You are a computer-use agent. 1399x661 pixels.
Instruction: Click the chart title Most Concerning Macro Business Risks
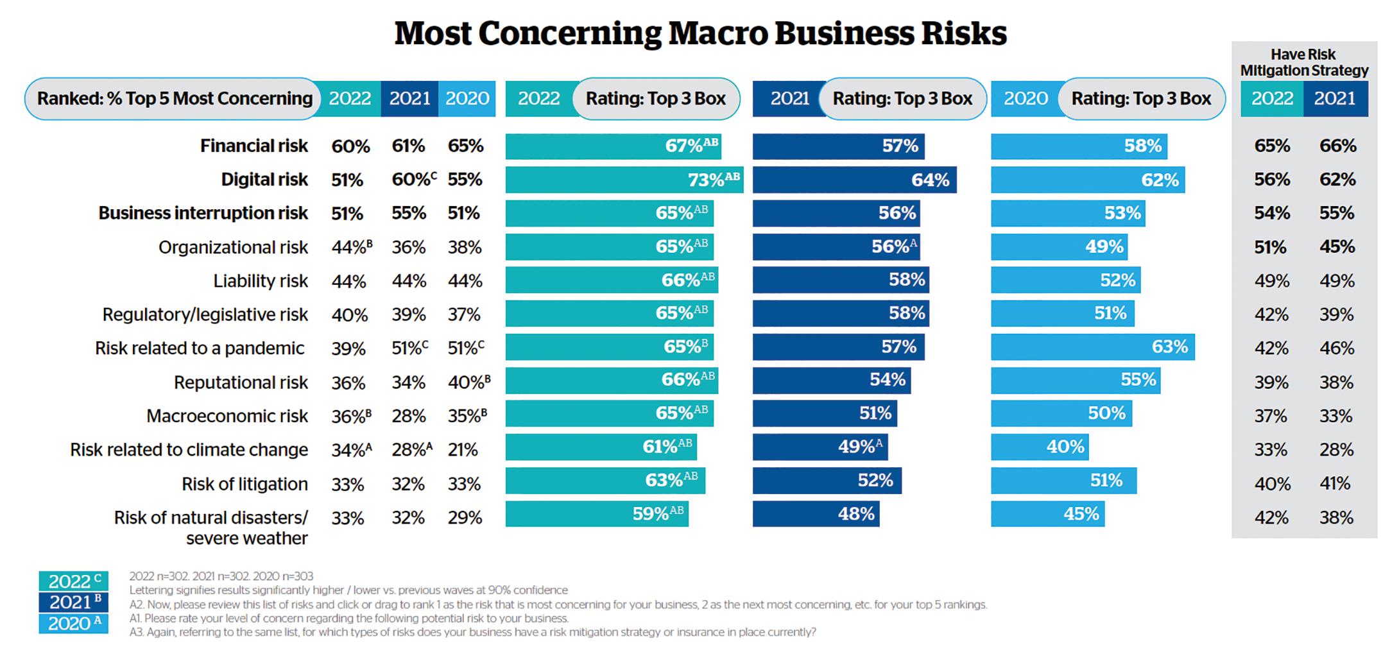[x=700, y=33]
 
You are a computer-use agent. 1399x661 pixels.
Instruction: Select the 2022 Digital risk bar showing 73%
[x=624, y=180]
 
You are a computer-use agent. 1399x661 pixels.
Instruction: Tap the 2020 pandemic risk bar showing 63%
[x=1092, y=347]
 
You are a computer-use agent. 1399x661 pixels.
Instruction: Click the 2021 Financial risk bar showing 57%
[x=838, y=146]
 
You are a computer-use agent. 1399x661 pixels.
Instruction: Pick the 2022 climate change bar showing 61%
[x=601, y=447]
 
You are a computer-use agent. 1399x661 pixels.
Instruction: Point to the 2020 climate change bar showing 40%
[x=1040, y=447]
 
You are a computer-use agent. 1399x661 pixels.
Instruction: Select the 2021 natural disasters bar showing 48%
[x=816, y=514]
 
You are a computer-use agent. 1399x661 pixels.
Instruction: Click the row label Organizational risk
[x=233, y=247]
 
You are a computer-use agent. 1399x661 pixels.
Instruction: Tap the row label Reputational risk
[x=241, y=382]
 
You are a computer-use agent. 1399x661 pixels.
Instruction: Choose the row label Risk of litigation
[x=245, y=484]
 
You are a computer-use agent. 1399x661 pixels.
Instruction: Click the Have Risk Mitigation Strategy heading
[x=1303, y=62]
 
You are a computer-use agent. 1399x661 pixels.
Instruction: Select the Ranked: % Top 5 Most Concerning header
[x=174, y=98]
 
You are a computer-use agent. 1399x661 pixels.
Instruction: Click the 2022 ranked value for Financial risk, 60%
[x=350, y=146]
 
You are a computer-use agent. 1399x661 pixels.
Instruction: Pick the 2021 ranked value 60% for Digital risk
[x=410, y=180]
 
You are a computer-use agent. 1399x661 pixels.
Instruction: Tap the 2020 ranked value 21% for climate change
[x=463, y=450]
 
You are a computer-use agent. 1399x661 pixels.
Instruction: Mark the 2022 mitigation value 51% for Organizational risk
[x=1270, y=247]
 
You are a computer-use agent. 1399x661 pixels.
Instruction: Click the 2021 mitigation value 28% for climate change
[x=1336, y=450]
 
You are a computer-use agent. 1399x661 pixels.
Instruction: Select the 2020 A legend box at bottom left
[x=73, y=623]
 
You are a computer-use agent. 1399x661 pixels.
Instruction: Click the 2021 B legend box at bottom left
[x=73, y=602]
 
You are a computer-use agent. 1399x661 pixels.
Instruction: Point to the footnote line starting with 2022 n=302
[x=221, y=576]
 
